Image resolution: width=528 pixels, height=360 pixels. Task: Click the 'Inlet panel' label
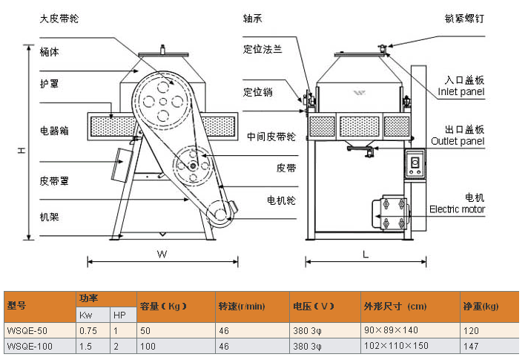(461, 93)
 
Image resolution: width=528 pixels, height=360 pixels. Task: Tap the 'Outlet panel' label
(458, 141)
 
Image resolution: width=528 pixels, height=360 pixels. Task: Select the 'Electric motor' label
(457, 209)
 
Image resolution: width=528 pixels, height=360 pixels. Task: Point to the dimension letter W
(161, 254)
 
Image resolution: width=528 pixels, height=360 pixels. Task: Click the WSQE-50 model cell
(27, 331)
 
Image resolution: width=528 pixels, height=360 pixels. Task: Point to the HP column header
(119, 315)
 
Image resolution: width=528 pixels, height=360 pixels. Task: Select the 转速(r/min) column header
(242, 306)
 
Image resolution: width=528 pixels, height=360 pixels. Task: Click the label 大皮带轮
(59, 19)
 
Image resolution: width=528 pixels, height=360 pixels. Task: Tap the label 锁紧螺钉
(465, 19)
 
